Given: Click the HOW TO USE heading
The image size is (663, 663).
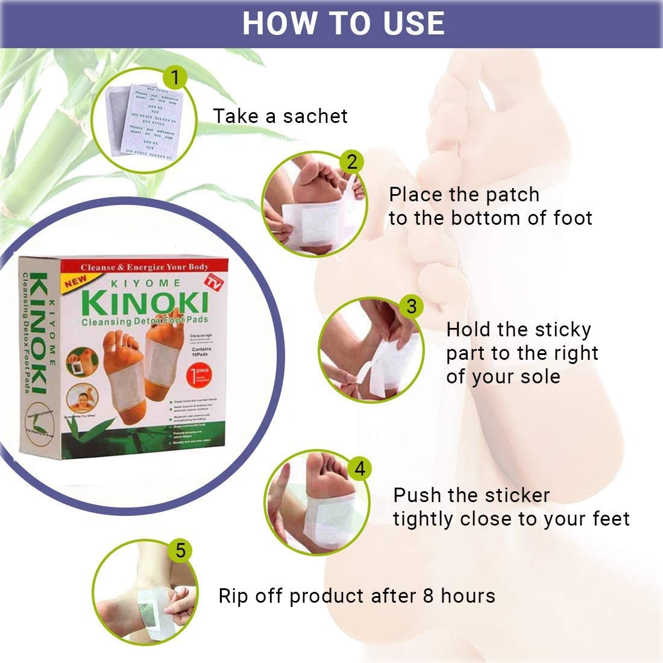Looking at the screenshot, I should click(x=343, y=23).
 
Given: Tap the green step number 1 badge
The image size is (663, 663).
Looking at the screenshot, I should click(x=175, y=78).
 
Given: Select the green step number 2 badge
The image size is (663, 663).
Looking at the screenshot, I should click(x=352, y=162).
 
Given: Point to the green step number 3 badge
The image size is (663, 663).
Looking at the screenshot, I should click(x=411, y=306).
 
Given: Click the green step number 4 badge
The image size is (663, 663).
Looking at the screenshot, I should click(x=360, y=468).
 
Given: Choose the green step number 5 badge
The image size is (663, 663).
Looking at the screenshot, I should click(x=180, y=550).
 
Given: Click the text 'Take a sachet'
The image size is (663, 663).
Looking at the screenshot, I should click(x=280, y=116).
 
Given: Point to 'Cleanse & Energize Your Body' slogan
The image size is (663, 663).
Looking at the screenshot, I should click(x=145, y=266).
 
